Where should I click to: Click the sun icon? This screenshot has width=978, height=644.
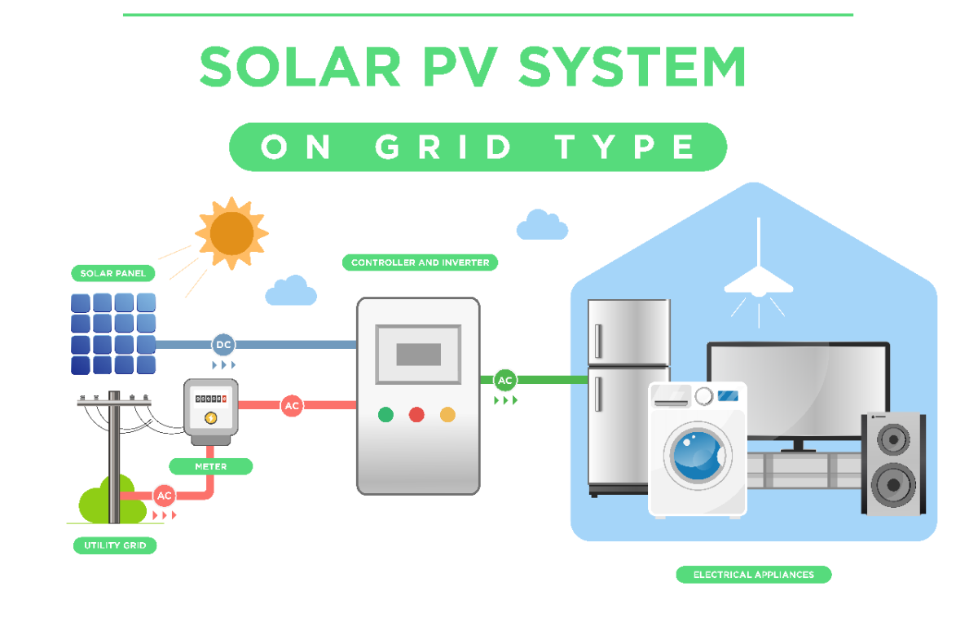[231, 232]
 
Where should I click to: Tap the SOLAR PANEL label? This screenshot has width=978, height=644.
[113, 273]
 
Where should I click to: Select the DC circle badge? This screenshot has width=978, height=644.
[223, 345]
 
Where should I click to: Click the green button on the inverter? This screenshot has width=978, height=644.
[385, 415]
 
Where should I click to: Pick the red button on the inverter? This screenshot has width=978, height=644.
[416, 415]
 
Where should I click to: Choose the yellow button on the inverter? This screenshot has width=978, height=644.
[447, 415]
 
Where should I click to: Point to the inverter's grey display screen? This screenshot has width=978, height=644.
[418, 354]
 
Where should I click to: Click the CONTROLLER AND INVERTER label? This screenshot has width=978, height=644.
[420, 262]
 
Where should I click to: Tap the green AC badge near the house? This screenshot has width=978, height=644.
[505, 380]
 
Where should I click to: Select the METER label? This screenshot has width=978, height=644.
[210, 466]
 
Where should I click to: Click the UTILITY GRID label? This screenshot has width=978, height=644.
[114, 545]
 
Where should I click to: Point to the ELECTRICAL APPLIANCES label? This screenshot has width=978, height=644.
[753, 575]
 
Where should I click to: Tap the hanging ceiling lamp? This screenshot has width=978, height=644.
[759, 281]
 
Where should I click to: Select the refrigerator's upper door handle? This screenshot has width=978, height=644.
[599, 341]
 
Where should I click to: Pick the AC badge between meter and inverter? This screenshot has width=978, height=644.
[292, 405]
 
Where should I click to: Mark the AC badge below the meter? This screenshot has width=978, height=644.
[165, 495]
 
